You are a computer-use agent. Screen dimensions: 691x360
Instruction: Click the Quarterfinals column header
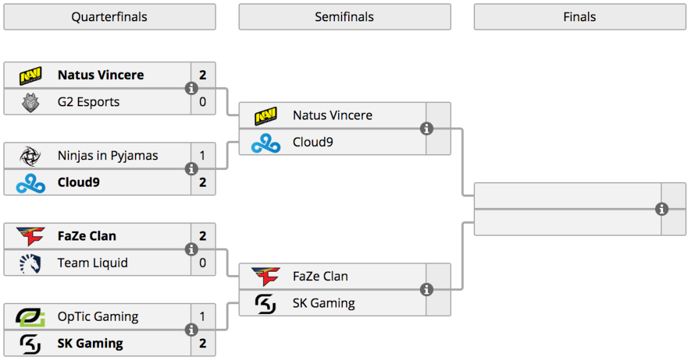(x=110, y=17)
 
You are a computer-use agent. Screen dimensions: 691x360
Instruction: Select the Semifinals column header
(x=345, y=17)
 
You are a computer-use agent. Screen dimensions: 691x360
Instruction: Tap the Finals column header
(x=580, y=17)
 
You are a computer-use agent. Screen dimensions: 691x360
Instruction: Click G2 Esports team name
(x=88, y=102)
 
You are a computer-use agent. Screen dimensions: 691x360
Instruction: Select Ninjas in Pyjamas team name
(x=108, y=155)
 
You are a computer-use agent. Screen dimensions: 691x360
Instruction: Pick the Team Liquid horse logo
(x=31, y=263)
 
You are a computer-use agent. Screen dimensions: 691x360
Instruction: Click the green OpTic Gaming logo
(x=31, y=317)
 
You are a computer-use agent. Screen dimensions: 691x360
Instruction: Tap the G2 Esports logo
(x=31, y=102)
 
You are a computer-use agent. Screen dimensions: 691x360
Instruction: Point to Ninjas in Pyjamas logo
(x=31, y=156)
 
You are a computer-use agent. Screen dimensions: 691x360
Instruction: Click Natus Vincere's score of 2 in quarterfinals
(x=203, y=75)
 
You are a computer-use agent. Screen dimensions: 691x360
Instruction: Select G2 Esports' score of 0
(x=203, y=102)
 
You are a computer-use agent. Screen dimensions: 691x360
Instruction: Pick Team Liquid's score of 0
(x=203, y=263)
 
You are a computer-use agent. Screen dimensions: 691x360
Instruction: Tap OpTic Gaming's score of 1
(x=203, y=316)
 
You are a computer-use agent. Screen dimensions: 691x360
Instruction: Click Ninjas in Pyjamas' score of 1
(x=203, y=155)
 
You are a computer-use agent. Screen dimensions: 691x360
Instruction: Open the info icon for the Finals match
(x=662, y=209)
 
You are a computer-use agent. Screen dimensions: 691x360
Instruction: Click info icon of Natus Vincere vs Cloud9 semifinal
(x=426, y=129)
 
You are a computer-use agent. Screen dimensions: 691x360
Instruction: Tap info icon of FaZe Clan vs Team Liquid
(x=191, y=249)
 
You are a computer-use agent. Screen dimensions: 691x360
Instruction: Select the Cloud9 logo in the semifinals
(x=266, y=143)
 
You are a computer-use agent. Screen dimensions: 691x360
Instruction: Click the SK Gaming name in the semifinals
(x=324, y=303)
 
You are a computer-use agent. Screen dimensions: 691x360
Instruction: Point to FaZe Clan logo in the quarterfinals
(x=31, y=236)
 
